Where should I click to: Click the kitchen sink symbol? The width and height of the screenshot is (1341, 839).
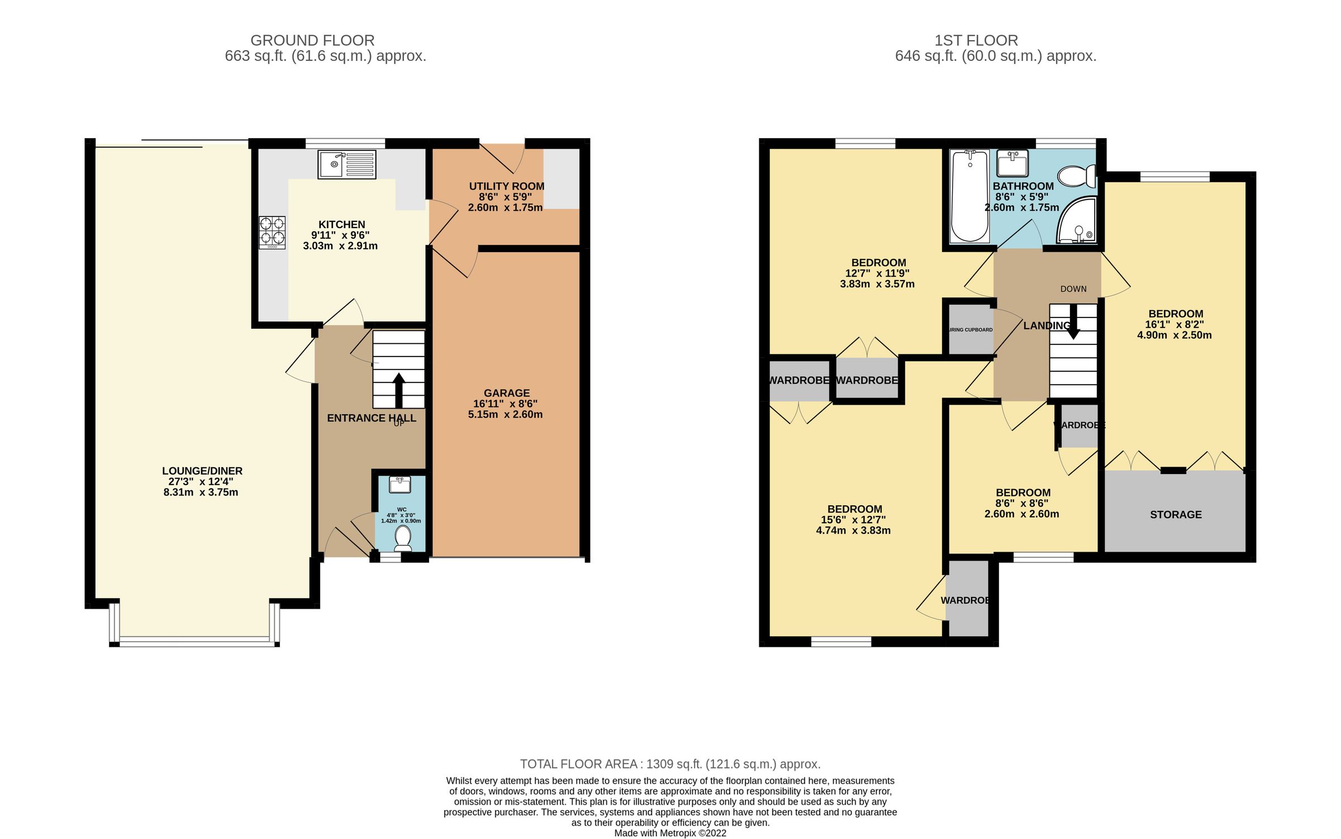tap(346, 164)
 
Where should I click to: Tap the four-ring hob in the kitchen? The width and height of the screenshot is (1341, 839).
tap(272, 233)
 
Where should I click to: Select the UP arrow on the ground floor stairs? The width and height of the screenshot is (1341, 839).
tap(398, 390)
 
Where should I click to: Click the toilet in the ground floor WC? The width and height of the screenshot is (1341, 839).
tap(402, 538)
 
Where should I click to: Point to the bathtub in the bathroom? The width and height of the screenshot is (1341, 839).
tap(969, 196)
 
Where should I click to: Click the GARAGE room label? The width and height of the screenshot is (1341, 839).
tap(506, 393)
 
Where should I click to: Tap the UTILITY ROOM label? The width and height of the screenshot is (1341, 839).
tap(506, 186)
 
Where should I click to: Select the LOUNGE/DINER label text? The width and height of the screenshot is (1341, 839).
tap(202, 471)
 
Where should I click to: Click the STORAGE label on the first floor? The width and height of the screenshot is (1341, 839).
tap(1176, 514)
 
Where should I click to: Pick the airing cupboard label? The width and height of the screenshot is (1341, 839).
tap(971, 330)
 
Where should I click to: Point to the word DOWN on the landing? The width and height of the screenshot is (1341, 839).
tap(1073, 289)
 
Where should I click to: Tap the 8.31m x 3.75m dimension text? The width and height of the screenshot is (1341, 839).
tap(201, 492)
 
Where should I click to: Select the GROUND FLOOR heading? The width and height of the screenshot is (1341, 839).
tap(312, 40)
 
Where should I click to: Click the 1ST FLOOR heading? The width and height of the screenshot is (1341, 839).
tap(976, 40)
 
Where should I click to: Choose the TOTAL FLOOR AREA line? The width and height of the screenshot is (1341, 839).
tap(670, 764)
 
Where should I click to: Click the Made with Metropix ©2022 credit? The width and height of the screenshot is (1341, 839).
tap(670, 833)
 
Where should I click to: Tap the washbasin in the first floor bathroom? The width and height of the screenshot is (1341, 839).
tap(1012, 164)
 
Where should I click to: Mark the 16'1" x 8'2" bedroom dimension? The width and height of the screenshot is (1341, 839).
tap(1174, 324)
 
